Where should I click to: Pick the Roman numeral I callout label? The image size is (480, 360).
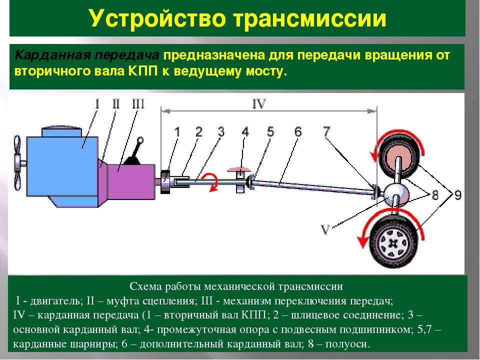[97, 104]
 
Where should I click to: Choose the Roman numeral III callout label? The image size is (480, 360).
[137, 104]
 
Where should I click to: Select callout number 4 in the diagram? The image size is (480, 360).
[244, 132]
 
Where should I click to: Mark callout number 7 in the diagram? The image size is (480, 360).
[326, 132]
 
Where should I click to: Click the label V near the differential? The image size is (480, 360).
[325, 229]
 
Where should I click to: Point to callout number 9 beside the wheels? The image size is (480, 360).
[457, 195]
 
